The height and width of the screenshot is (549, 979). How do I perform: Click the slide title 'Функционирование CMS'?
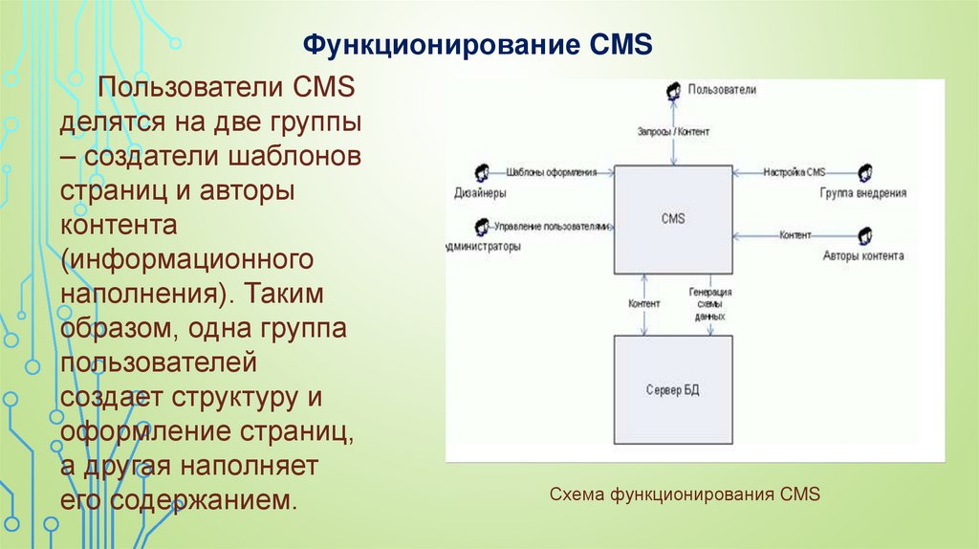[477, 45]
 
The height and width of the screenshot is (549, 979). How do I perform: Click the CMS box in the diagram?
[672, 219]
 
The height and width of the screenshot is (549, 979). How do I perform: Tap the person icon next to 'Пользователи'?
[673, 89]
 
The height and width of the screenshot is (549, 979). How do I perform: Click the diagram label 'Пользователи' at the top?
[721, 89]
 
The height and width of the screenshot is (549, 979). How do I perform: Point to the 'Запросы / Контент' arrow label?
[673, 130]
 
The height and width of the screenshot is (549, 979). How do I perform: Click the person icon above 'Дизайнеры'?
[481, 172]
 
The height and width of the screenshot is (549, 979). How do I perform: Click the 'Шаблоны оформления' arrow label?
[551, 172]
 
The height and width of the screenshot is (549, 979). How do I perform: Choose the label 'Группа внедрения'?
[862, 192]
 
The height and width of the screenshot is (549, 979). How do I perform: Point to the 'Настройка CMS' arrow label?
[794, 172]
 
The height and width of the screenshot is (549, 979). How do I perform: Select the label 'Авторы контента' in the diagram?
[863, 256]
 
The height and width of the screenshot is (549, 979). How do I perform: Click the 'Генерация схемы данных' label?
[710, 304]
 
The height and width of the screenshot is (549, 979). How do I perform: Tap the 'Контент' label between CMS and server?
[643, 303]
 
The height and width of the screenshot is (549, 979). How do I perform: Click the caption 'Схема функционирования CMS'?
[685, 494]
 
